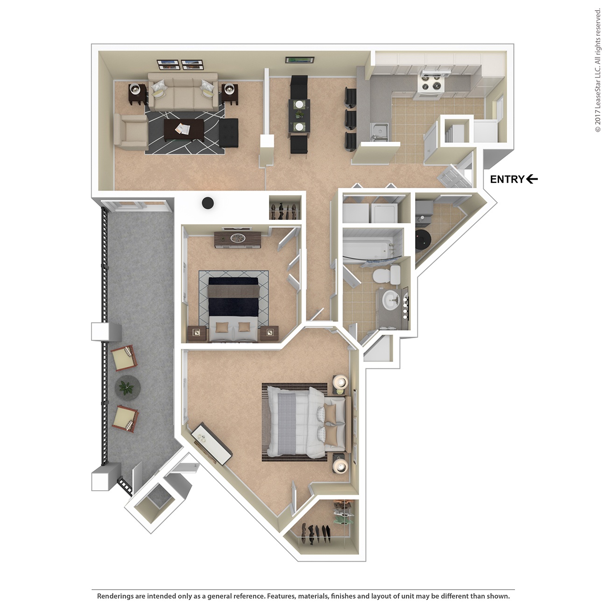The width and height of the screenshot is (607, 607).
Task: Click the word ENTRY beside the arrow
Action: tap(507, 179)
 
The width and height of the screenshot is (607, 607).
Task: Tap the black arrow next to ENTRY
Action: tap(532, 179)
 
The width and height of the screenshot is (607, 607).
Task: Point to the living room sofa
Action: tap(183, 91)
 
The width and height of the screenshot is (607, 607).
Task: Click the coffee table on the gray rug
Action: tap(184, 130)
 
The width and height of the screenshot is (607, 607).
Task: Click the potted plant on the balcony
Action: tap(127, 387)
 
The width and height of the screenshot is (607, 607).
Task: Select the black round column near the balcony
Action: tap(207, 203)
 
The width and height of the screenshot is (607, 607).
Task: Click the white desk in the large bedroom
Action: tap(212, 443)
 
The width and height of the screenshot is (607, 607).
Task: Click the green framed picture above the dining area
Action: tap(299, 59)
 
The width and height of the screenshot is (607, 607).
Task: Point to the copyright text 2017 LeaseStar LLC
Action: tap(598, 70)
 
